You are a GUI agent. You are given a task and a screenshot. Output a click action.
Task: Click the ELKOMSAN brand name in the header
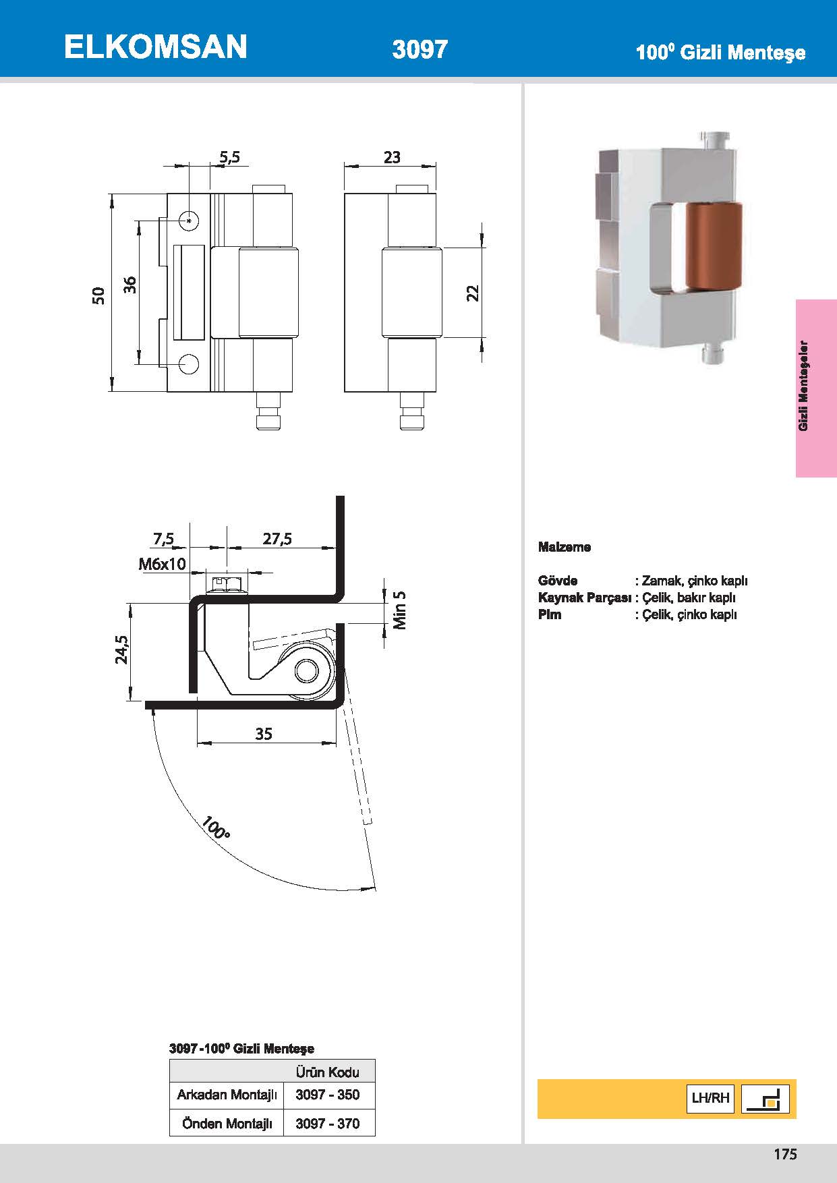click(155, 47)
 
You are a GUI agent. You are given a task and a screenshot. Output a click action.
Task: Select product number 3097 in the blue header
click(420, 49)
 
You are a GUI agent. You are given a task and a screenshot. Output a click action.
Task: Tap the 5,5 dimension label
click(229, 157)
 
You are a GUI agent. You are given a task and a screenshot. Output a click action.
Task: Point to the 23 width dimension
click(392, 157)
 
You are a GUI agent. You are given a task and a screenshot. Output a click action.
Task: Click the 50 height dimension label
click(99, 295)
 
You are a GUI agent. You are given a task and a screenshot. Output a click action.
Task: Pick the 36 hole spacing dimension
click(130, 285)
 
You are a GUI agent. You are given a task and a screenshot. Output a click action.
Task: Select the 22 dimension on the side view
click(473, 293)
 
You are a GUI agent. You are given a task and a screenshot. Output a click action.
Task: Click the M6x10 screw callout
click(162, 564)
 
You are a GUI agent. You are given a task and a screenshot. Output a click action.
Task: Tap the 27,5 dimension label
click(277, 538)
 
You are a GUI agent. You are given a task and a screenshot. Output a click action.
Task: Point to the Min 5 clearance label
click(400, 610)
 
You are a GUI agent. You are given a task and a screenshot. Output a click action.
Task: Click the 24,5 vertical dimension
click(121, 650)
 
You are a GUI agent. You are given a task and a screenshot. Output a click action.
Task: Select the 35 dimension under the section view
click(264, 734)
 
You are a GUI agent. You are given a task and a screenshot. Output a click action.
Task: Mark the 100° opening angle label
click(215, 828)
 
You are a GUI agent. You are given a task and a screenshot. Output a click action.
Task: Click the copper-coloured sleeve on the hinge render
click(713, 246)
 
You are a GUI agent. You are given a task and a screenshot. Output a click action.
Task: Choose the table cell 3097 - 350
click(328, 1095)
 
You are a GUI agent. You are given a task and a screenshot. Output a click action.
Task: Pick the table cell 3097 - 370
click(328, 1124)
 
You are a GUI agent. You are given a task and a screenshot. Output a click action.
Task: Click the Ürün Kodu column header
click(328, 1072)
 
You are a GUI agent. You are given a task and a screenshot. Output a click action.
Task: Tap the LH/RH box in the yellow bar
click(710, 1098)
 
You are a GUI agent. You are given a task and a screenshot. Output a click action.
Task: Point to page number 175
click(785, 1154)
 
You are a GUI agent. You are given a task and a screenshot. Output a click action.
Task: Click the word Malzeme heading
click(565, 547)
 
